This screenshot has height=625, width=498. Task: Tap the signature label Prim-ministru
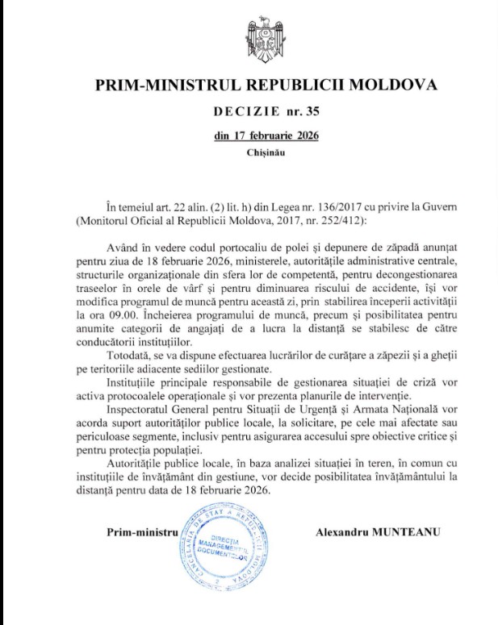(140, 532)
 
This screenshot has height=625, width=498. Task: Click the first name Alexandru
(345, 532)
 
